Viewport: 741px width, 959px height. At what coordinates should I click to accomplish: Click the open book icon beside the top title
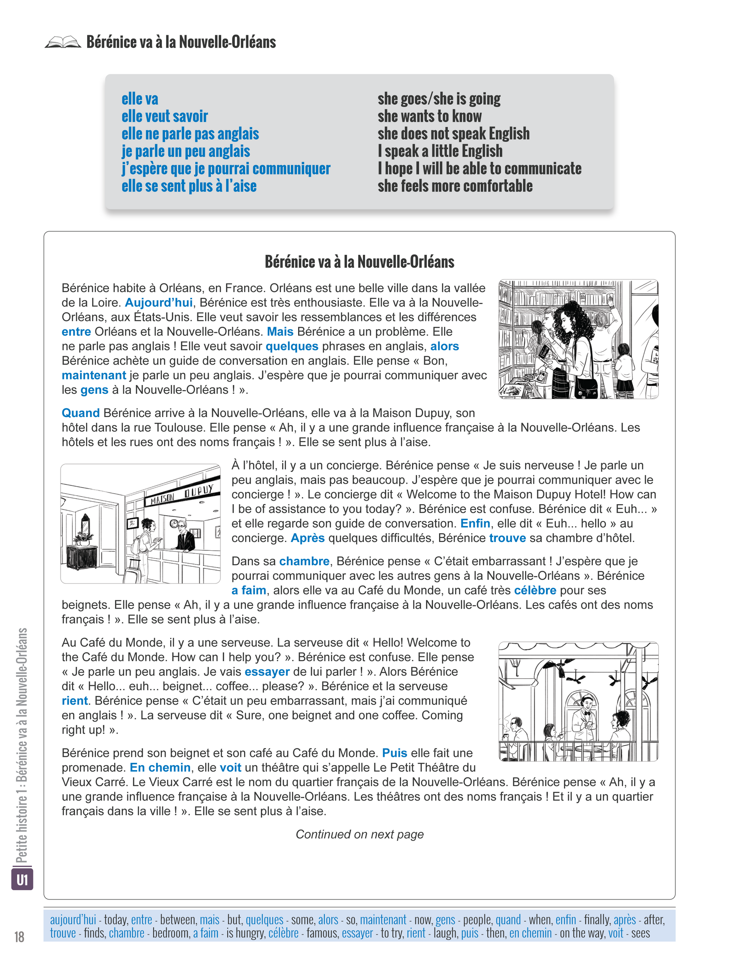click(63, 42)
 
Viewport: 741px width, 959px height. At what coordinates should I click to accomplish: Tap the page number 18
click(19, 937)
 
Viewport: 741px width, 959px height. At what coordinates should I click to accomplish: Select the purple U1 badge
click(22, 879)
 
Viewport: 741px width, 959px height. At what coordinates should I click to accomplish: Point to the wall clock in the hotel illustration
click(174, 523)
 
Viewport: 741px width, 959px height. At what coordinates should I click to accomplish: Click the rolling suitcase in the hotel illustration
click(132, 571)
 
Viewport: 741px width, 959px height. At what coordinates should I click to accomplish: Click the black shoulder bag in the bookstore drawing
click(586, 387)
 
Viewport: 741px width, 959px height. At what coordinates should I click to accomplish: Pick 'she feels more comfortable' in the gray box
click(455, 186)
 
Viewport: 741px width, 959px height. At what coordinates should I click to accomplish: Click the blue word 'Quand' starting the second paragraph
click(81, 413)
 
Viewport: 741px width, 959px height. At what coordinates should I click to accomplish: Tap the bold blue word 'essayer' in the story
click(267, 672)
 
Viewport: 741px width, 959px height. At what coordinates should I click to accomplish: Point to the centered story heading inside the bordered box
click(359, 262)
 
